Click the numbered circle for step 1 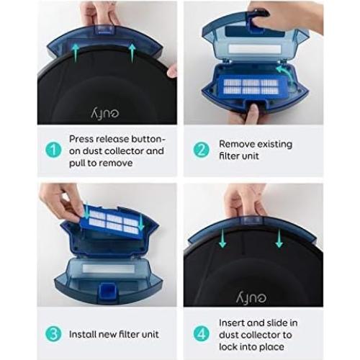click(51, 150)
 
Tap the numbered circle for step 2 click(201, 150)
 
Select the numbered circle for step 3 click(51, 334)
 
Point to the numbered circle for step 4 click(201, 333)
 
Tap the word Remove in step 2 click(236, 143)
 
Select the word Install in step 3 click(86, 334)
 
